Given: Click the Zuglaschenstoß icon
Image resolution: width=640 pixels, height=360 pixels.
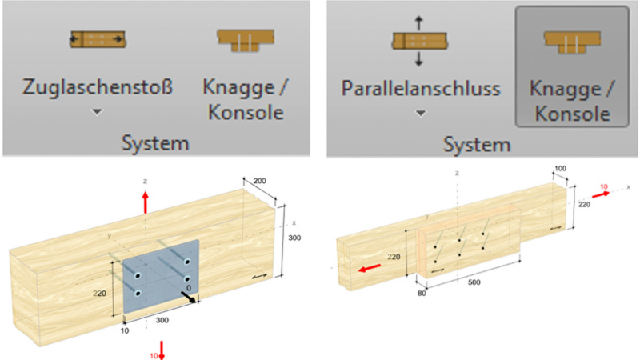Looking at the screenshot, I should pyautogui.click(x=97, y=39).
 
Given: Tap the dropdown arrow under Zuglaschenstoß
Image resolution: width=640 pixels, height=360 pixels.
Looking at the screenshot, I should pyautogui.click(x=97, y=113).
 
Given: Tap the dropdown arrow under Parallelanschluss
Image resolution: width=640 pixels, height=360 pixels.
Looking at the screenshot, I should pyautogui.click(x=419, y=113).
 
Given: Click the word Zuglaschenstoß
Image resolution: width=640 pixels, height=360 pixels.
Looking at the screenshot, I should pyautogui.click(x=97, y=86).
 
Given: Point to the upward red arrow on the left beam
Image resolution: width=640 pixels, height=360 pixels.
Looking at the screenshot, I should pyautogui.click(x=145, y=202).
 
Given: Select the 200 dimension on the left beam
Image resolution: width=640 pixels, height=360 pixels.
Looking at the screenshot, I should pyautogui.click(x=258, y=182).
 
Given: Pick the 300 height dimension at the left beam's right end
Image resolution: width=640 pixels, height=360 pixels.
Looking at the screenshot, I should pyautogui.click(x=294, y=238).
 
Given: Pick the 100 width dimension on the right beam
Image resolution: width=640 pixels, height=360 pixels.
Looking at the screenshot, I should pyautogui.click(x=563, y=170).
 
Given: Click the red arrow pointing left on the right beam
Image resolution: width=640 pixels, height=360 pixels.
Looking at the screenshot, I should pyautogui.click(x=370, y=269).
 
